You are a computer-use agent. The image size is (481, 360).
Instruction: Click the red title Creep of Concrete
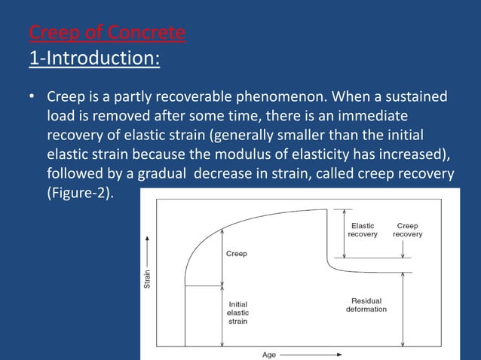(106, 34)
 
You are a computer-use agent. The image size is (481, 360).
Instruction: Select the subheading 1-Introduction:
(93, 58)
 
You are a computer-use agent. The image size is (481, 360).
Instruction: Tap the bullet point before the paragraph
(32, 99)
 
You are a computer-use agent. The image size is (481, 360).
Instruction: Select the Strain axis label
(148, 278)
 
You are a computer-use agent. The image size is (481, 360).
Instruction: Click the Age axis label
(269, 354)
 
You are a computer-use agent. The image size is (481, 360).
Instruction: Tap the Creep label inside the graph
(237, 254)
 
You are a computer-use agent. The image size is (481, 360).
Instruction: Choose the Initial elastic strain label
(237, 313)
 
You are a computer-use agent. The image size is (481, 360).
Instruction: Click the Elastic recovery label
(363, 230)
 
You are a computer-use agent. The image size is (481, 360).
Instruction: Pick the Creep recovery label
(407, 230)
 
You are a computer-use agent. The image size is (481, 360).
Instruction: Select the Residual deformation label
(366, 305)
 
